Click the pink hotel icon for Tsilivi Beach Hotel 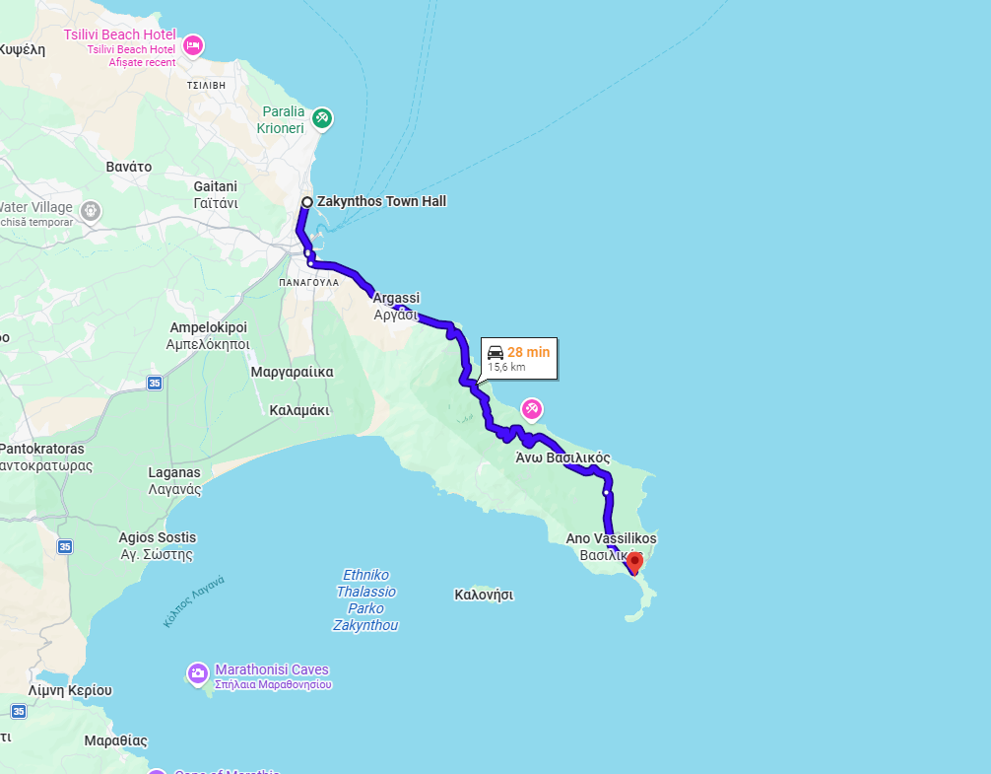193,44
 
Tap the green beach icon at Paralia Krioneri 321,119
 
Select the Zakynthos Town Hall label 381,201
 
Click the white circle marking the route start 306,202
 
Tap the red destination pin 634,562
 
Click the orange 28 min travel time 528,352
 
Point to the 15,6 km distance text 506,368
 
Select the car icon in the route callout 495,352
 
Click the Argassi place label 397,298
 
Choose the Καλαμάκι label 298,409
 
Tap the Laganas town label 174,473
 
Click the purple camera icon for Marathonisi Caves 197,673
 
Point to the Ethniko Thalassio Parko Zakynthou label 365,599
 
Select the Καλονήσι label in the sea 484,595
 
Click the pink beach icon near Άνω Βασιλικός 532,408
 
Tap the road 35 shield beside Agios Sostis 64,546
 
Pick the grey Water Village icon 91,210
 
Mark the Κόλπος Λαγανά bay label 195,600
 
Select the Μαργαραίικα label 292,372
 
